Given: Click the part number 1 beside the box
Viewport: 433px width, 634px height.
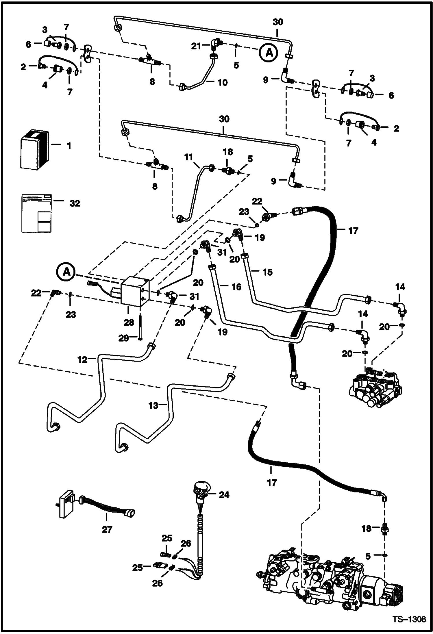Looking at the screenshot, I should (x=69, y=146).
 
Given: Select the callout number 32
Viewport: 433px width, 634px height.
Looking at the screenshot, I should (x=75, y=203).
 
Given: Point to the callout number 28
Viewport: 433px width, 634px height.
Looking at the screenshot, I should (x=129, y=322).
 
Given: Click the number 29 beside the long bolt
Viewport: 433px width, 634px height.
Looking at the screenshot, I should (x=123, y=338).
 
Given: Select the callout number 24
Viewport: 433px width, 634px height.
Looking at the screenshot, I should (x=224, y=495).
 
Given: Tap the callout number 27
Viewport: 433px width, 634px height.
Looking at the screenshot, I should (x=107, y=529).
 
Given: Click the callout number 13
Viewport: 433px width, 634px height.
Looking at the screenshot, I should (x=153, y=406).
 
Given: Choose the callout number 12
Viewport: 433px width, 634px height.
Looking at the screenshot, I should (x=82, y=359).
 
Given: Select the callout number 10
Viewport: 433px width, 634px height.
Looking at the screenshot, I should (x=223, y=83).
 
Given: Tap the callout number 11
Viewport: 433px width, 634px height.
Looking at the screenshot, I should (x=188, y=157).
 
